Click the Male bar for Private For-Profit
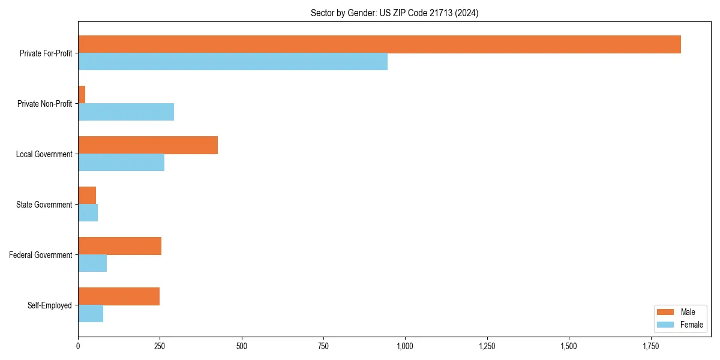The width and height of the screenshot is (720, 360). pyautogui.click(x=379, y=44)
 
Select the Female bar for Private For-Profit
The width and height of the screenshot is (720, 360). pyautogui.click(x=233, y=62)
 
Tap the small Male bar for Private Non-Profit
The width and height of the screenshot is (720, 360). pyautogui.click(x=82, y=95)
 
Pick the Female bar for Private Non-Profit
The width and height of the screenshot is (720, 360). pyautogui.click(x=126, y=112)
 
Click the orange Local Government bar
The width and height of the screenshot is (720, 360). pyautogui.click(x=148, y=145)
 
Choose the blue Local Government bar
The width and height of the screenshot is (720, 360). pyautogui.click(x=121, y=163)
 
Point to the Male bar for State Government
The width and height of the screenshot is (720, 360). pyautogui.click(x=87, y=196)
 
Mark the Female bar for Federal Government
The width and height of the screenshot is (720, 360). pyautogui.click(x=92, y=263)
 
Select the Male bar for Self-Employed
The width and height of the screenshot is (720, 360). pyautogui.click(x=119, y=296)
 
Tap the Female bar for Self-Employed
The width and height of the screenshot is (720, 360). pyautogui.click(x=91, y=314)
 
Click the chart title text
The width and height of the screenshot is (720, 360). pyautogui.click(x=394, y=13)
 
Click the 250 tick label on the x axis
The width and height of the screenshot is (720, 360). pyautogui.click(x=160, y=346)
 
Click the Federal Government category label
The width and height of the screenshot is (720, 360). pyautogui.click(x=41, y=255)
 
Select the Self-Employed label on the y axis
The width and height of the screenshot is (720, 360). pyautogui.click(x=50, y=305)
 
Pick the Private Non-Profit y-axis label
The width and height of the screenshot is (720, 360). pyautogui.click(x=44, y=104)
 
